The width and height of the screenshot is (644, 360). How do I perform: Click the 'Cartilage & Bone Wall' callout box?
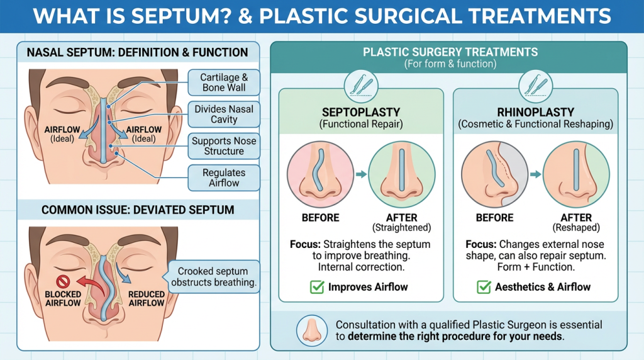[223, 82]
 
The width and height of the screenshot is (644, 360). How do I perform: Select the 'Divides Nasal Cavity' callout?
[224, 114]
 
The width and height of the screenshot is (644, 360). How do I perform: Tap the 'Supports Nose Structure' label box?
[224, 145]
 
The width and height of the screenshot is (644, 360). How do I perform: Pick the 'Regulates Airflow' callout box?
[224, 177]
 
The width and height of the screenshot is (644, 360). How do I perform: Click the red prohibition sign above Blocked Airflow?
[62, 279]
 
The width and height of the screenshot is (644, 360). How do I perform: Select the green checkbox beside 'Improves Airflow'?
[318, 287]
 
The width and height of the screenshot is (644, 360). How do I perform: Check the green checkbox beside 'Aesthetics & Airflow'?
[484, 287]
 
